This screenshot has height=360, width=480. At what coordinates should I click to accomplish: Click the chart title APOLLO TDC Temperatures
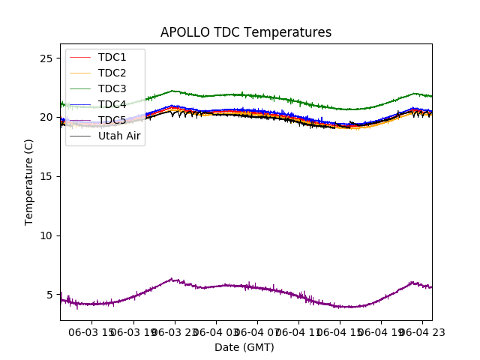click(246, 33)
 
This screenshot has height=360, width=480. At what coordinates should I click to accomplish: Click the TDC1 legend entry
click(112, 57)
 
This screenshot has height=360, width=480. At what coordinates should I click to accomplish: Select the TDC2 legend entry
click(112, 73)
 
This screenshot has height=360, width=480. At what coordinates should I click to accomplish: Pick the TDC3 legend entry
click(112, 88)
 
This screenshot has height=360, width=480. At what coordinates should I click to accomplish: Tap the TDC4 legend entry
click(112, 104)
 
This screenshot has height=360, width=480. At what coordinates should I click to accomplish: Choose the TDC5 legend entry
click(112, 120)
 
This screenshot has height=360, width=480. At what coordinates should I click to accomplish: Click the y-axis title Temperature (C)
click(29, 182)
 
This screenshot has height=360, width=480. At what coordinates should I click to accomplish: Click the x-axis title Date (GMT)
click(244, 347)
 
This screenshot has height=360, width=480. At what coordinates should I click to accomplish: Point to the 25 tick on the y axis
click(46, 58)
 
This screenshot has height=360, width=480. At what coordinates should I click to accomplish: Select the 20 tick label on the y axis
click(46, 118)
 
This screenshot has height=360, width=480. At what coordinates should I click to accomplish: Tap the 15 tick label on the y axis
click(46, 176)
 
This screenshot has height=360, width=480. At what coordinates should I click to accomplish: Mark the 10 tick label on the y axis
click(46, 235)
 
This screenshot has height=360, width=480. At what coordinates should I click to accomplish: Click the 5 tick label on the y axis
click(49, 295)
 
